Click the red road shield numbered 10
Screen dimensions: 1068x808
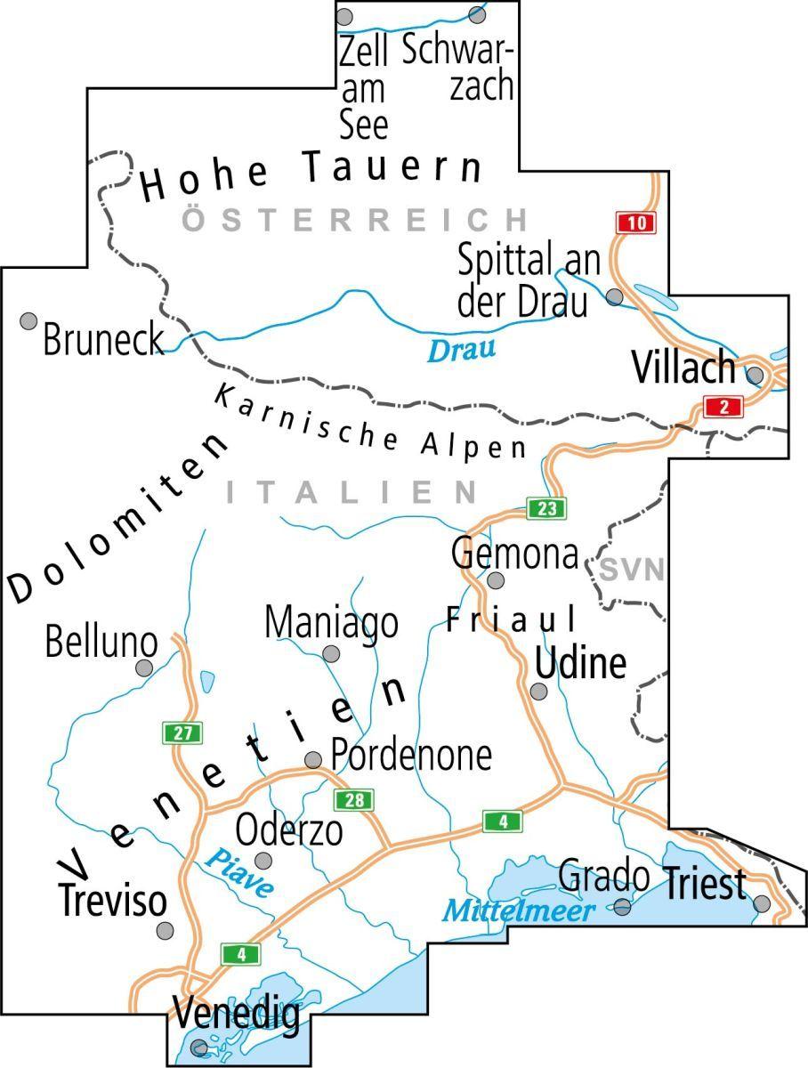coord(635,222)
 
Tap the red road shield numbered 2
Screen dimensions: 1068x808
coord(723,407)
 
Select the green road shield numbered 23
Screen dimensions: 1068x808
coord(546,508)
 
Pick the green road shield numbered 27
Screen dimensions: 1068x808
coord(182,733)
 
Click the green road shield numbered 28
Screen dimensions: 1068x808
coord(353,799)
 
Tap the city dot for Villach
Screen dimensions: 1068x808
coord(755,375)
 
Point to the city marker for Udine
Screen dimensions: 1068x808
coord(538,692)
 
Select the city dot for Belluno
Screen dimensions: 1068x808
coord(143,667)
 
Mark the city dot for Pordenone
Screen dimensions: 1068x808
coord(313,760)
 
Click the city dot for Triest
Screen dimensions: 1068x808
coord(762,904)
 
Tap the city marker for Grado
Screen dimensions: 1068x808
coord(623,907)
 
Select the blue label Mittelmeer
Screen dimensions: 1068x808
coord(519,910)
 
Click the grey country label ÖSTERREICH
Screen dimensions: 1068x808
coord(355,219)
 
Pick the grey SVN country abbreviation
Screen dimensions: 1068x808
coord(631,570)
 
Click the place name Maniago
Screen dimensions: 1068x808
coord(331,623)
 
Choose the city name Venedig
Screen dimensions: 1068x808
coord(236,1015)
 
